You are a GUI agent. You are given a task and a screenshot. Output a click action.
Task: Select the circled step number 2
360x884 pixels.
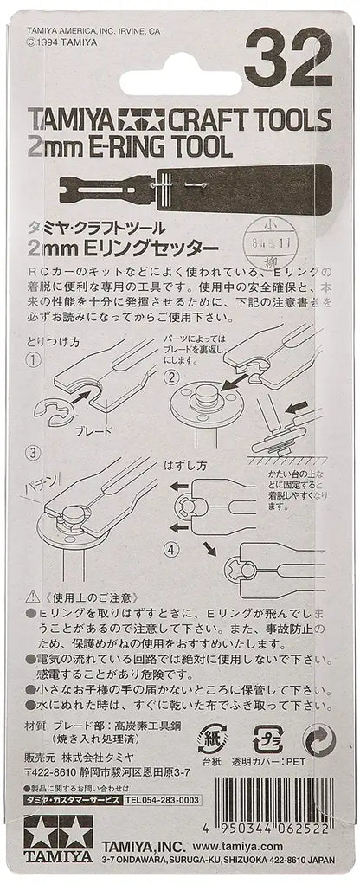[172, 377]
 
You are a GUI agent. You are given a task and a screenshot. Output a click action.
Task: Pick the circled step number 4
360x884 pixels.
[172, 548]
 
